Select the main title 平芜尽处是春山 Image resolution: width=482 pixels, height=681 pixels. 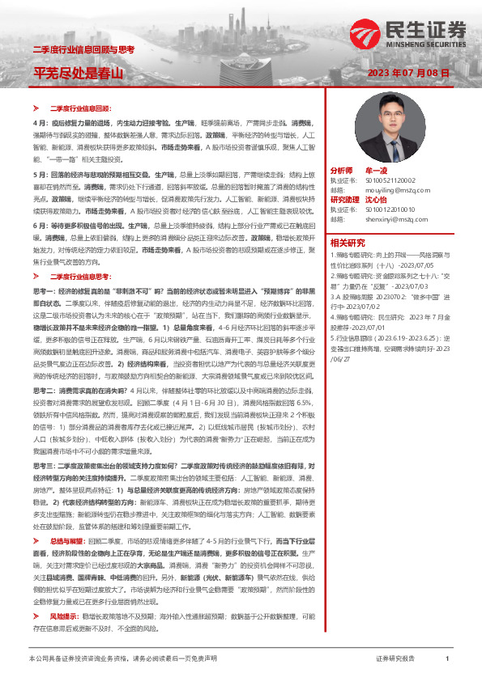click(x=79, y=74)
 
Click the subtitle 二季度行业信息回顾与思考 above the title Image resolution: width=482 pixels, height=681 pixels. click(x=83, y=50)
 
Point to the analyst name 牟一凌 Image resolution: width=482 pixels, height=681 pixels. click(x=377, y=171)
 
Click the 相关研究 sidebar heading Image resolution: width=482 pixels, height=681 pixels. click(x=348, y=241)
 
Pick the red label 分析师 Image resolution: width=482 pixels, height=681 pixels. click(x=342, y=171)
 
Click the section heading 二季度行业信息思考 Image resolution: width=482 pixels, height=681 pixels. click(x=80, y=277)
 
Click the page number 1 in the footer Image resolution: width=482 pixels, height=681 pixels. click(x=447, y=659)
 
